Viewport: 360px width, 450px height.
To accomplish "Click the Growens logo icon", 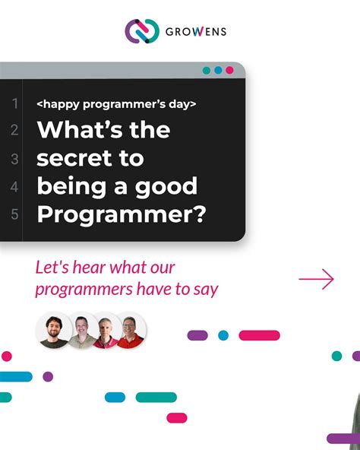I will pos(142,31).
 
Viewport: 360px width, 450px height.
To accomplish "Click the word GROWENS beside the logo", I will pos(196,32).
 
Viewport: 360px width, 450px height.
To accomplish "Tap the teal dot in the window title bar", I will pos(207,70).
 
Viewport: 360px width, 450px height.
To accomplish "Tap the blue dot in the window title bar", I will pos(218,70).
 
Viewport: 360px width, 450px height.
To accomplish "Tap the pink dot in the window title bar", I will pos(229,70).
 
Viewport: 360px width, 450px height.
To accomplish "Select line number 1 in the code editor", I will pos(14,103).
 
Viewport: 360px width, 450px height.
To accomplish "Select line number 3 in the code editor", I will pos(14,159).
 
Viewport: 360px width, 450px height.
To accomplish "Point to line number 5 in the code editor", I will pos(14,214).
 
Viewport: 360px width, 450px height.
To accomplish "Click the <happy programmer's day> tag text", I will pos(116,103).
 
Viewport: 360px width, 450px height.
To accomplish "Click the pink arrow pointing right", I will pos(317,280).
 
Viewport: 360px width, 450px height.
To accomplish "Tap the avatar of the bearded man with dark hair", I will pos(53,331).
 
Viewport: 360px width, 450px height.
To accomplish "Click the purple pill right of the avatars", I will pos(197,335).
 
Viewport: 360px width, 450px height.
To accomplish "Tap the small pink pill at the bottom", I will pos(177,417).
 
